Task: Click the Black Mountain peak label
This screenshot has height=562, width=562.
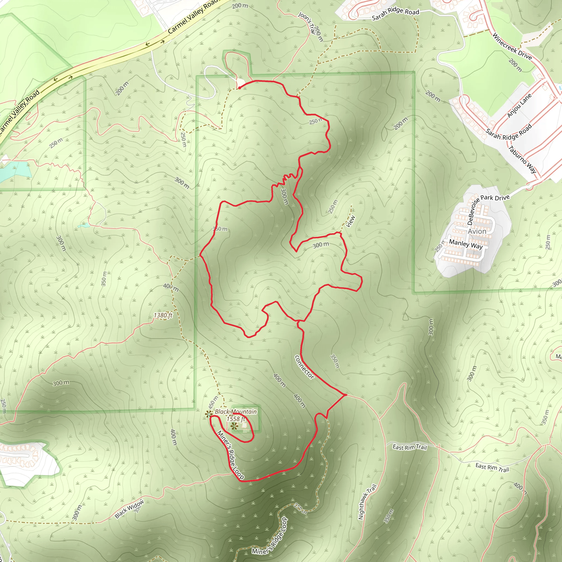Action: [x=236, y=412]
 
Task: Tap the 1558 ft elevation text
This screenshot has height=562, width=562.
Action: [x=236, y=419]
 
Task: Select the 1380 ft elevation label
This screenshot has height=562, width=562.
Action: [x=163, y=315]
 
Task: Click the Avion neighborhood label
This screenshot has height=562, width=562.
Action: [x=477, y=231]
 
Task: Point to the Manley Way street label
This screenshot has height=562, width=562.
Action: [x=466, y=244]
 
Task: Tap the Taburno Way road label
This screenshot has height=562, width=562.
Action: [x=522, y=160]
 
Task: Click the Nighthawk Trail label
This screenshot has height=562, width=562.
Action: [x=367, y=502]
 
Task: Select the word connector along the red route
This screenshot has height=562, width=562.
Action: [x=304, y=367]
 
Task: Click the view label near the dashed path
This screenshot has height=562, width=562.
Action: [x=351, y=221]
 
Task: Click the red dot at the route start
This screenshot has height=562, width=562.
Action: [x=239, y=88]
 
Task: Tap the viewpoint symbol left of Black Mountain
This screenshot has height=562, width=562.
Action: [x=208, y=414]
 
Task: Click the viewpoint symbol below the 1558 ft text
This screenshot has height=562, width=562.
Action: [x=234, y=426]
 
